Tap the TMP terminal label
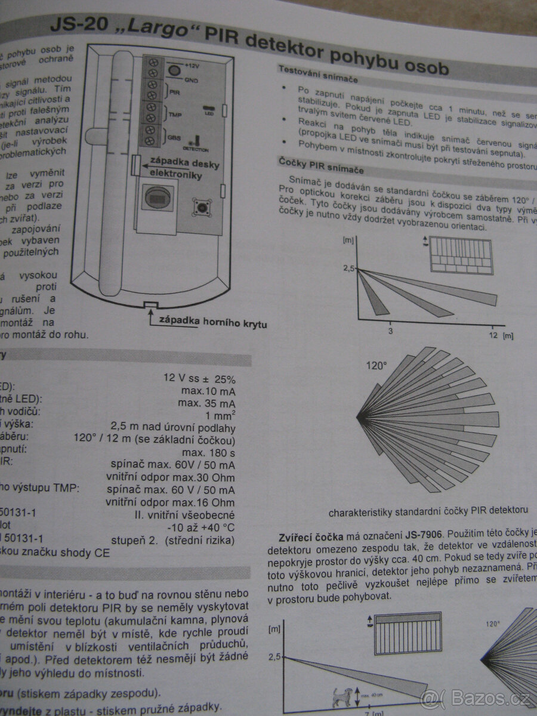(x=175, y=115)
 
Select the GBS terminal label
(x=174, y=138)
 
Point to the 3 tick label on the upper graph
(x=390, y=331)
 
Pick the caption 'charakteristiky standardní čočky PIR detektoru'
(x=428, y=511)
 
